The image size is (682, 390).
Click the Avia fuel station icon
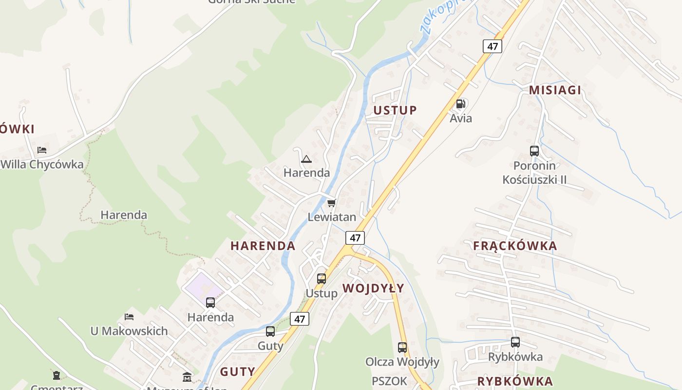coord(460,103)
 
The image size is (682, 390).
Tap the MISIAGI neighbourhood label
coord(555,90)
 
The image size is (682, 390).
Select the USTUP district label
coord(395,110)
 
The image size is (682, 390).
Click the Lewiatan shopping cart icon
coord(332,203)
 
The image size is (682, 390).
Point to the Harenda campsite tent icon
coord(306,159)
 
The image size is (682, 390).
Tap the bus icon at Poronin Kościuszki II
coord(534,151)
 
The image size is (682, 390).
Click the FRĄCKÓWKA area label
coord(515,246)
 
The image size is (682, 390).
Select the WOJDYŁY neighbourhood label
coord(373,288)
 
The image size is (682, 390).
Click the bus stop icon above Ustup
coord(322,279)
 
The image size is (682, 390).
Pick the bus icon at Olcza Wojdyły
coord(402,348)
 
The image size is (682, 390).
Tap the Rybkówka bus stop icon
coord(515,342)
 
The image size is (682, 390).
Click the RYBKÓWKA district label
coord(515,381)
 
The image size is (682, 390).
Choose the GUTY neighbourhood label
coord(237,371)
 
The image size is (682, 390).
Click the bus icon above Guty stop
coord(270,331)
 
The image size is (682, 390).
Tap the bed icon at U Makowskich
coord(129,317)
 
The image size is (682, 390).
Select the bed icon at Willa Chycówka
coord(42,150)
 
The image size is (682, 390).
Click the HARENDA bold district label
coord(263,246)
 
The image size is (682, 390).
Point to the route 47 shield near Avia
coord(493,46)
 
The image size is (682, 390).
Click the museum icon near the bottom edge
coord(187,377)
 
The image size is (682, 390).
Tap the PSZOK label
coord(389,381)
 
